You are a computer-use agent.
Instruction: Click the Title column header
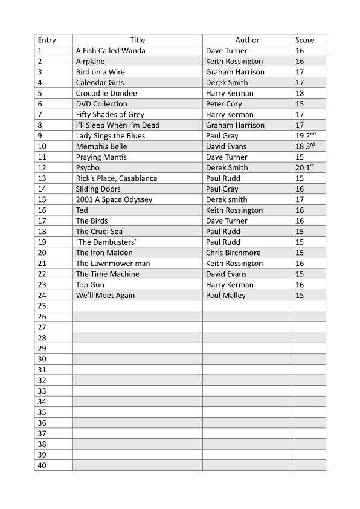pyautogui.click(x=137, y=40)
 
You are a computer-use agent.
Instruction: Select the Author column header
pyautogui.click(x=247, y=40)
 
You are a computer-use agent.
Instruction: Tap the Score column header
pyautogui.click(x=305, y=40)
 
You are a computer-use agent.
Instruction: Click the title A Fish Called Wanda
pyautogui.click(x=111, y=51)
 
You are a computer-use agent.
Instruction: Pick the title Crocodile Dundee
pyautogui.click(x=106, y=93)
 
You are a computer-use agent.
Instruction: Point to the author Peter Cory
pyautogui.click(x=224, y=104)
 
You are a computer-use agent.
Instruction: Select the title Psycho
pyautogui.click(x=88, y=167)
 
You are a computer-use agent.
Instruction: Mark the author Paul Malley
pyautogui.click(x=226, y=295)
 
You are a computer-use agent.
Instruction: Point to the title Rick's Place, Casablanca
pyautogui.click(x=117, y=178)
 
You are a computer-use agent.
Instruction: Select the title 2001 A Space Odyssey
pyautogui.click(x=114, y=199)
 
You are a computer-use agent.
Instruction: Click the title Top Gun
pyautogui.click(x=91, y=285)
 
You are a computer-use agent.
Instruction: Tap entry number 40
pyautogui.click(x=42, y=465)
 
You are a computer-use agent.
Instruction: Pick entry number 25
pyautogui.click(x=42, y=306)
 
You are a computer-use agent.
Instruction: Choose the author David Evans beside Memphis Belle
pyautogui.click(x=226, y=146)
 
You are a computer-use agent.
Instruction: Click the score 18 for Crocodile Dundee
pyautogui.click(x=300, y=93)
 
